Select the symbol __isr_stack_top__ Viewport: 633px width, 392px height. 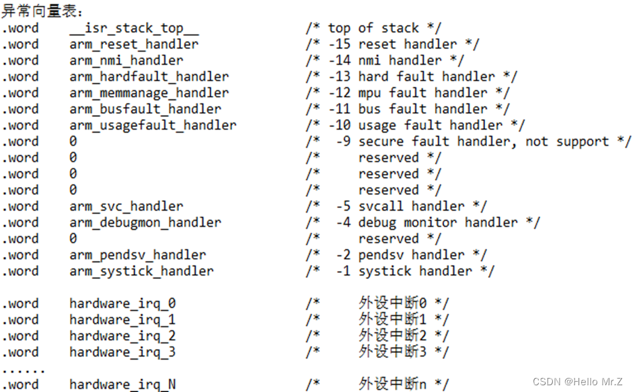134,28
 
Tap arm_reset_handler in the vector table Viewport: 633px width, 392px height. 134,44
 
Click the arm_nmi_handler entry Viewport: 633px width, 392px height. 126,61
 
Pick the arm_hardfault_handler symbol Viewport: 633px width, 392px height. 149,77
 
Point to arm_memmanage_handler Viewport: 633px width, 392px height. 149,93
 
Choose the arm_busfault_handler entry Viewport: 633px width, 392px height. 145,109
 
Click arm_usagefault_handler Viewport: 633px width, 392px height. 153,125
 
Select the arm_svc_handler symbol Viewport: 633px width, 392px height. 126,206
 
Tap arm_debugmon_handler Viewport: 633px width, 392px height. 145,223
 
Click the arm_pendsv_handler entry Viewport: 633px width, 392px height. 137,255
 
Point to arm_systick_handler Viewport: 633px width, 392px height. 141,271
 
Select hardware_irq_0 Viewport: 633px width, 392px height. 122,304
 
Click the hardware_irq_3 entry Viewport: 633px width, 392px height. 122,352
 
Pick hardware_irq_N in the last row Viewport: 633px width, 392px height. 122,385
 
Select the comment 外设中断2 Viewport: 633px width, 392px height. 400,336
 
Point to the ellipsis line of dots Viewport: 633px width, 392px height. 24,370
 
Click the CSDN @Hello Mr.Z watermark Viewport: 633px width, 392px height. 577,382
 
